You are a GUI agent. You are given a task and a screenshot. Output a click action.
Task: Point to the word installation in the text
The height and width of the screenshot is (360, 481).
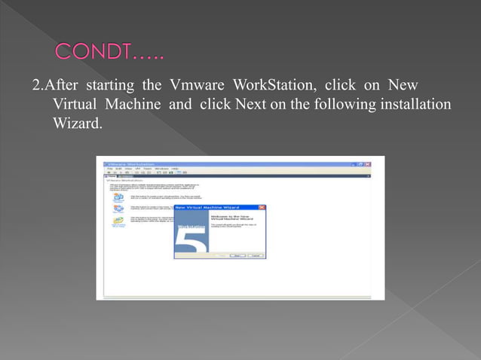coord(411,102)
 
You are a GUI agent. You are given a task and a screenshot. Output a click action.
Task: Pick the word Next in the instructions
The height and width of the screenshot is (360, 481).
coord(252,102)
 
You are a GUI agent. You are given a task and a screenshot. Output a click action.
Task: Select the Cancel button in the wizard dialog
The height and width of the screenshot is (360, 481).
coord(256,255)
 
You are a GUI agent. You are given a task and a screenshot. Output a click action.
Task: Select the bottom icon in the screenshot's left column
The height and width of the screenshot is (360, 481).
coord(118,221)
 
